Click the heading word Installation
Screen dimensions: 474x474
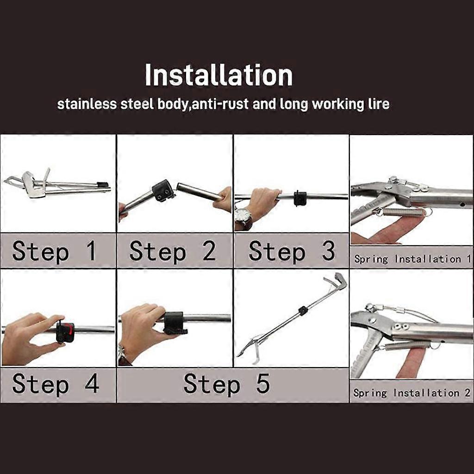pyautogui.click(x=218, y=75)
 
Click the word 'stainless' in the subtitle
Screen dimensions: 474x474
pyautogui.click(x=87, y=104)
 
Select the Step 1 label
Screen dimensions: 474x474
pyautogui.click(x=55, y=251)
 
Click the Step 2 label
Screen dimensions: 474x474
pyautogui.click(x=173, y=251)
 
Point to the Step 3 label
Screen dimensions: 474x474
pyautogui.click(x=292, y=251)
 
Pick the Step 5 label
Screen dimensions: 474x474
pyautogui.click(x=226, y=384)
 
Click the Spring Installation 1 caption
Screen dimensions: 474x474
pyautogui.click(x=412, y=259)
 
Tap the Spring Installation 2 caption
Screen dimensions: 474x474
pyautogui.click(x=412, y=393)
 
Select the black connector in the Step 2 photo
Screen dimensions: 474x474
pyautogui.click(x=163, y=190)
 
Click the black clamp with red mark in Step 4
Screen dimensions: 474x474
pyautogui.click(x=65, y=332)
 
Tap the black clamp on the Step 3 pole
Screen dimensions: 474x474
pyautogui.click(x=300, y=198)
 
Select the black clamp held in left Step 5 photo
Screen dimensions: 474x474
pyautogui.click(x=175, y=322)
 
